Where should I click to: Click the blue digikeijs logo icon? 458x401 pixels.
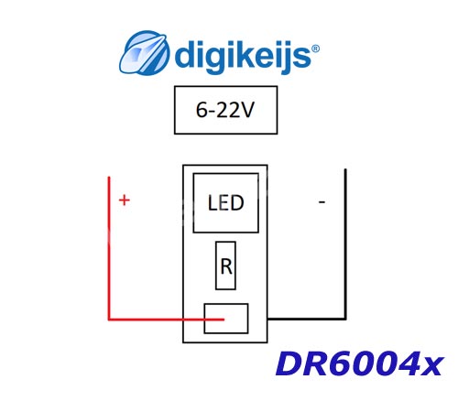[144, 52]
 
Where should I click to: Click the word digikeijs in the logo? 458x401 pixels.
[243, 57]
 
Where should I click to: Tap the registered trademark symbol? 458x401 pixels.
[315, 49]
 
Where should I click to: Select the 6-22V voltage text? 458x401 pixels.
[225, 110]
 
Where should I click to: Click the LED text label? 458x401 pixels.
[226, 203]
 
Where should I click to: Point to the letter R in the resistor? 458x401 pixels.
[226, 266]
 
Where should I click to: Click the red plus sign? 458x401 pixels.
[125, 200]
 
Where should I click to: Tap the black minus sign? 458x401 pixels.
[322, 201]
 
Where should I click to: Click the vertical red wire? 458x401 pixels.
[109, 248]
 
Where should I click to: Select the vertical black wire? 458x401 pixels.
[345, 244]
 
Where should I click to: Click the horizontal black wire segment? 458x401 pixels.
[307, 319]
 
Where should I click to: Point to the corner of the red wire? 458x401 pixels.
[109, 320]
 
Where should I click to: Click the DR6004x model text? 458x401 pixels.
[359, 363]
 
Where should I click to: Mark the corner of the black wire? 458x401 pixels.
[345, 319]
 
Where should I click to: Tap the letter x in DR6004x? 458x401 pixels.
[431, 367]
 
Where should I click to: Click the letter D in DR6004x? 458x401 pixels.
[289, 363]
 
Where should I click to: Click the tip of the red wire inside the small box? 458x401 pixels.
[224, 320]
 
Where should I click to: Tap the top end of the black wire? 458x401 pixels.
[345, 169]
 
